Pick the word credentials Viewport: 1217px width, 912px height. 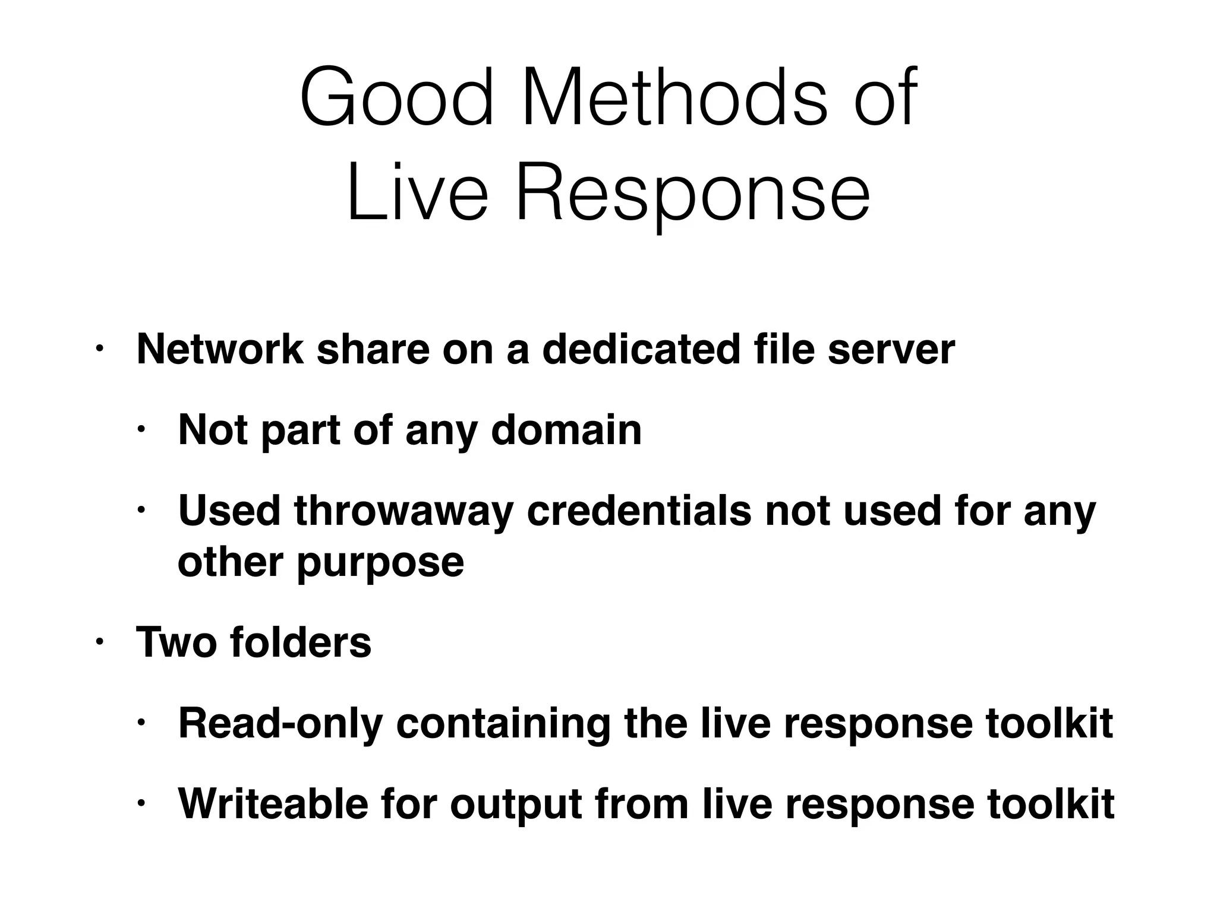point(639,511)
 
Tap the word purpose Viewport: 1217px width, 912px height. point(380,562)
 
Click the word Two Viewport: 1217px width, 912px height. point(176,642)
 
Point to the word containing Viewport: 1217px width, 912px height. point(503,723)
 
